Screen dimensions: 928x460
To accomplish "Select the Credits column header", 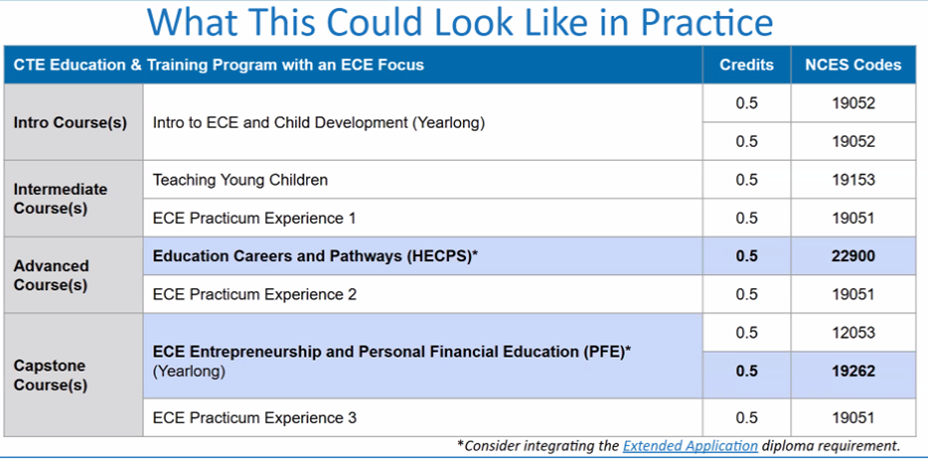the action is pyautogui.click(x=746, y=65).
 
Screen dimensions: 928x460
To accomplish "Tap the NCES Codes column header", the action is pyautogui.click(x=852, y=65).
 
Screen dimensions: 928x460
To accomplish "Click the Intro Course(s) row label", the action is pyautogui.click(x=70, y=123).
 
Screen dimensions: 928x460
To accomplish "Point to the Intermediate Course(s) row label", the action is pyautogui.click(x=61, y=199).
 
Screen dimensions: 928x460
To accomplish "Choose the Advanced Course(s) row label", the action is pyautogui.click(x=52, y=275).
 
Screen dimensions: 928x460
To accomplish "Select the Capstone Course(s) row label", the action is pyautogui.click(x=51, y=376).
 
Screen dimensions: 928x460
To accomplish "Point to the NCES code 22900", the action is pyautogui.click(x=852, y=256).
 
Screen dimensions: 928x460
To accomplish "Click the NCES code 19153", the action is pyautogui.click(x=852, y=180).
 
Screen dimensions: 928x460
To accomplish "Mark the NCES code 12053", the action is pyautogui.click(x=852, y=333).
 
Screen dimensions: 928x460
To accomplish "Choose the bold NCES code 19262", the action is pyautogui.click(x=852, y=372).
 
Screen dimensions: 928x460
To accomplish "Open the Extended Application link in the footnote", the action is pyautogui.click(x=691, y=446).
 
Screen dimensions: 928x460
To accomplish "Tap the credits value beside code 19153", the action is pyautogui.click(x=746, y=180).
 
